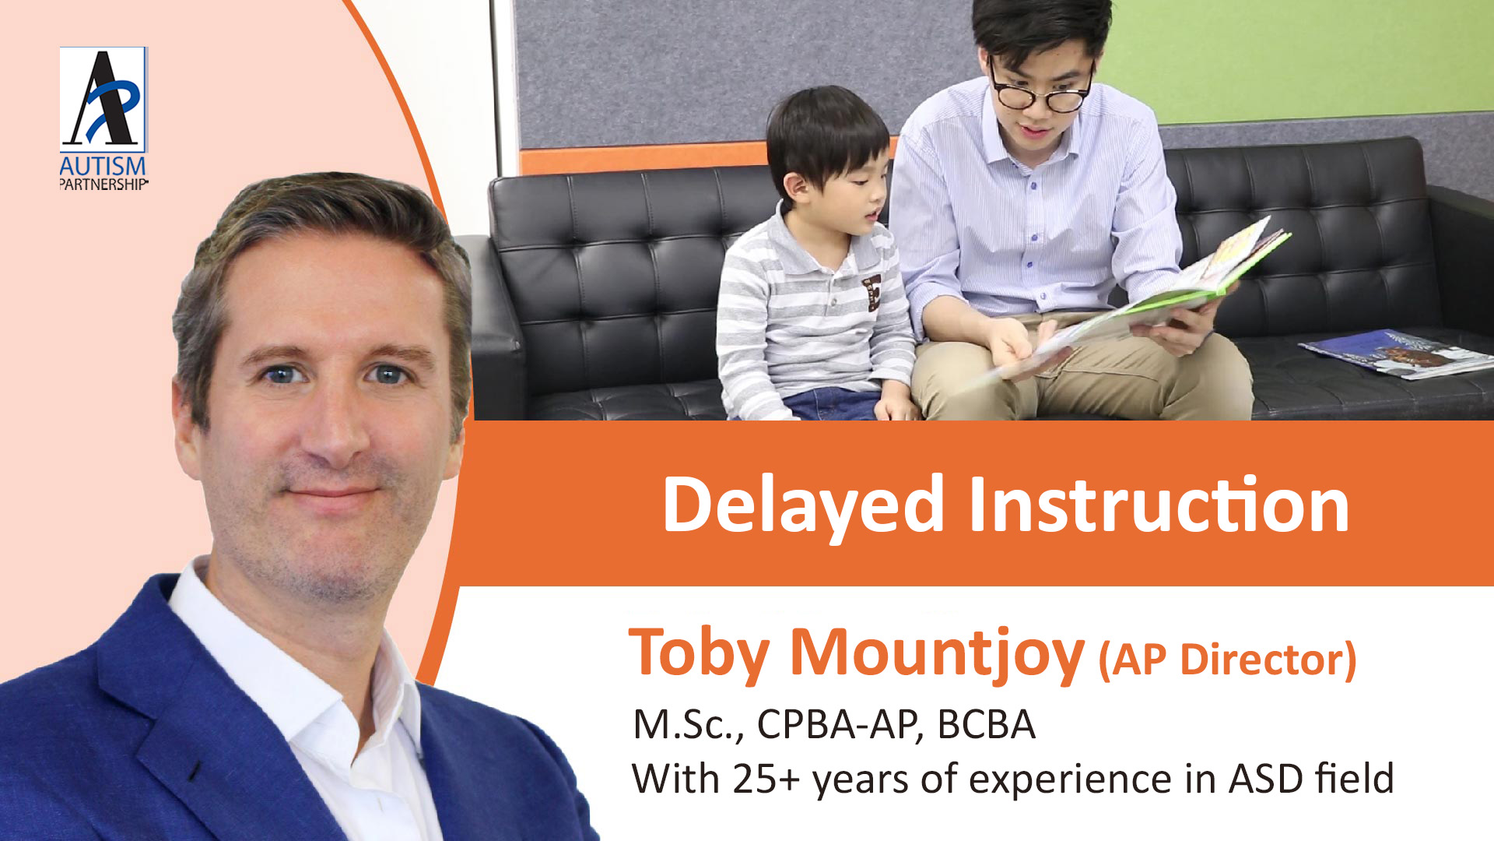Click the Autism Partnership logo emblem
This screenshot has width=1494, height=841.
click(x=103, y=99)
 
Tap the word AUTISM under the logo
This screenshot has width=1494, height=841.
click(x=103, y=166)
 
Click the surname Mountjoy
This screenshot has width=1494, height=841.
click(x=937, y=654)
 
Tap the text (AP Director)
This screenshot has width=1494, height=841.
click(x=1227, y=660)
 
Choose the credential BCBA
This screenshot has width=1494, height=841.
click(x=986, y=724)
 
